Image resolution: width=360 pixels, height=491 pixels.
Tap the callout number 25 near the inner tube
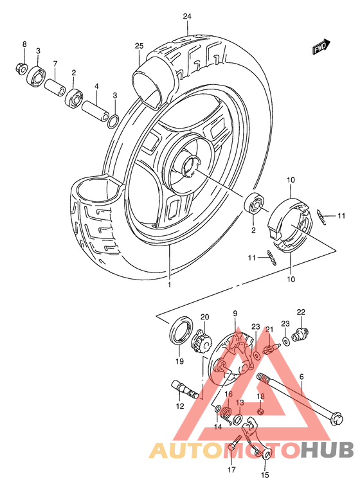pos(139,46)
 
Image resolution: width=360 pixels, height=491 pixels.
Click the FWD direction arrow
pos(320,48)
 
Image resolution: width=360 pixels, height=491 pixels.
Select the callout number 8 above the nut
pos(24,44)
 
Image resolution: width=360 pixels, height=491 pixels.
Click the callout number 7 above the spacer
pos(55,64)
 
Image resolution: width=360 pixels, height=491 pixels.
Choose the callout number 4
pos(96,85)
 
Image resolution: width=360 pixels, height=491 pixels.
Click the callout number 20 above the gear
pos(205,316)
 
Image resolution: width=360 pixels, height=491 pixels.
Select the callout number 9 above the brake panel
pos(235,313)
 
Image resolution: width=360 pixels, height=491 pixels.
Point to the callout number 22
pos(301,312)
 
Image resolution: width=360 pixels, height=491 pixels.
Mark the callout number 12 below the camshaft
pos(181,406)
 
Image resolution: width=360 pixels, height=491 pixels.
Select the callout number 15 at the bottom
pos(264,476)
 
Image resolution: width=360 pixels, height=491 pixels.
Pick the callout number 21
pos(270,330)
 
